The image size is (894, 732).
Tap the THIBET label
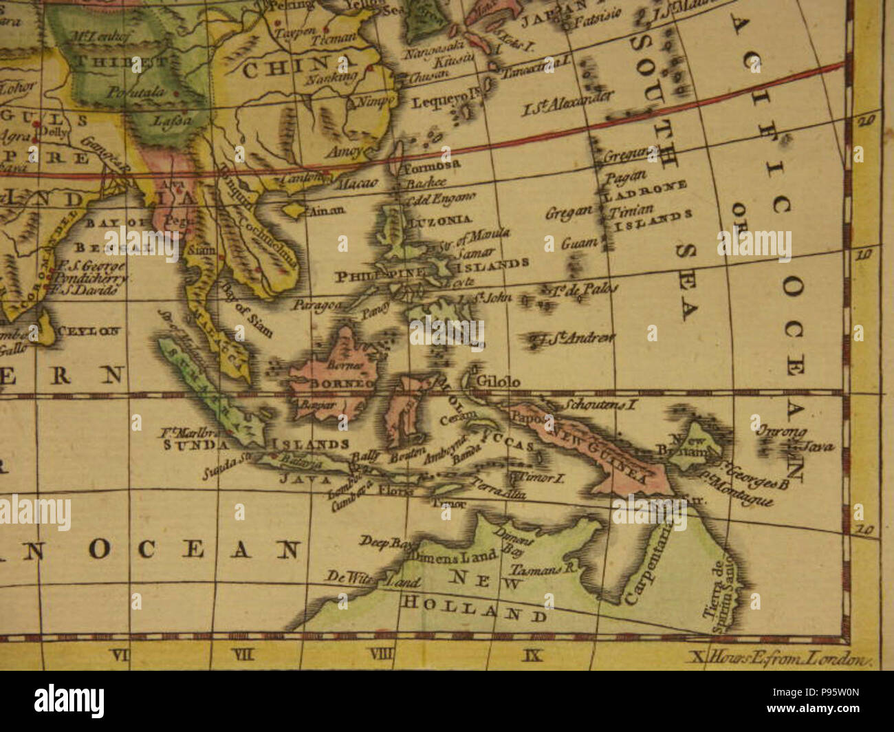click(100, 61)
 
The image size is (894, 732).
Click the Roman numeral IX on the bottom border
click(532, 656)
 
